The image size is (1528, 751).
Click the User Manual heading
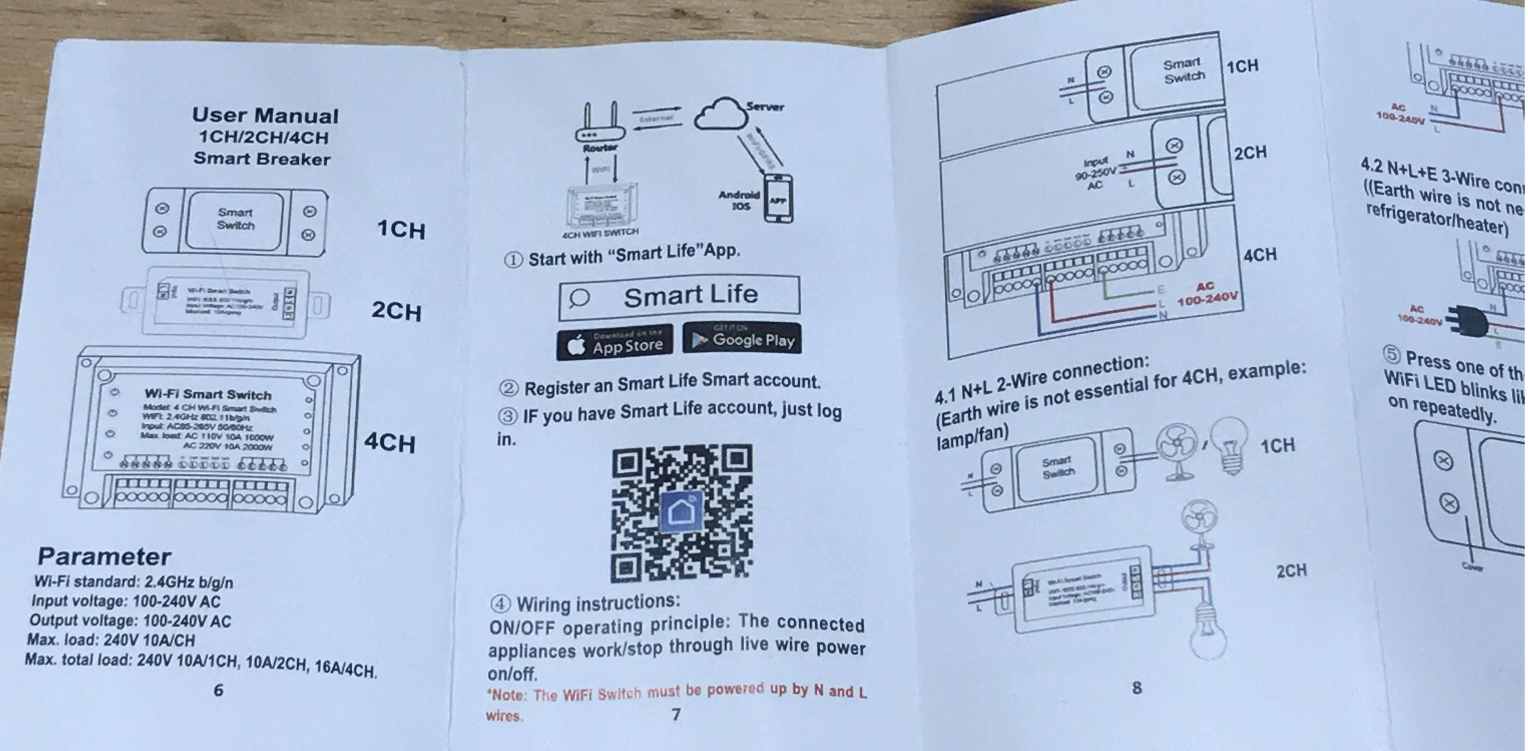coord(265,115)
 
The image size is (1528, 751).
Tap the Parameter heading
coord(104,557)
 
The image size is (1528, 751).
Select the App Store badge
coord(615,342)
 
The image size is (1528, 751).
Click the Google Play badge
coord(742,339)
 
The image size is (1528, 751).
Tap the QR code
coord(682,513)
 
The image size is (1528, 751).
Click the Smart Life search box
coord(679,296)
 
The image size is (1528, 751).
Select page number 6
coord(218,690)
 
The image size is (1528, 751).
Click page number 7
coord(676,714)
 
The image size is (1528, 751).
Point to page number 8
coord(1137,687)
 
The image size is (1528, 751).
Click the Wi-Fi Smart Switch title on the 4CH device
coord(208,394)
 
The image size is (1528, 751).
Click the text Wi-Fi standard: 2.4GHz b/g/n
coord(133,582)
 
